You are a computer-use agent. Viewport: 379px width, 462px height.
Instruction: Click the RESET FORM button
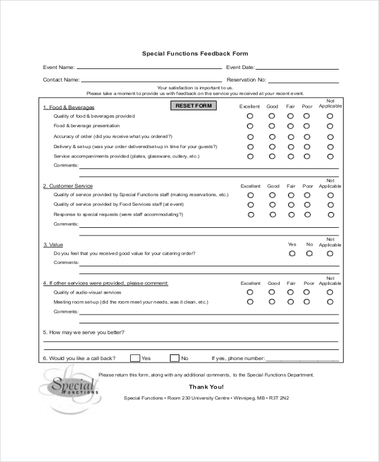point(193,106)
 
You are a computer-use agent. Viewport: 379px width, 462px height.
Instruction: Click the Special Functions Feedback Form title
point(195,54)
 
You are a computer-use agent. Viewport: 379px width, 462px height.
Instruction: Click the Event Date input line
point(296,67)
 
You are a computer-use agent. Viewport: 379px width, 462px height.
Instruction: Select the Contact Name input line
point(149,80)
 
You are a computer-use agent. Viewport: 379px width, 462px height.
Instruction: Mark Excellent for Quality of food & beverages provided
point(250,116)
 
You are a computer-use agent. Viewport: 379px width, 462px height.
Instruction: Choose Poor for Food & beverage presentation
point(308,127)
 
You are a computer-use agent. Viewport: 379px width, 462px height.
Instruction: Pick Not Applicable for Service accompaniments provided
point(330,156)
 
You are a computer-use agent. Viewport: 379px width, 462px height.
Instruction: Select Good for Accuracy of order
point(272,136)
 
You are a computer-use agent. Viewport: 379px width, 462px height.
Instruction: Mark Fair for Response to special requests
point(291,215)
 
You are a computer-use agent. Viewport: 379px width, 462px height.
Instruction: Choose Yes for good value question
point(292,253)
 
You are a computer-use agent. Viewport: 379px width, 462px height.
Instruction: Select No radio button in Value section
point(309,253)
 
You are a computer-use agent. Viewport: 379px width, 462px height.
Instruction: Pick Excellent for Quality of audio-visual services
point(250,292)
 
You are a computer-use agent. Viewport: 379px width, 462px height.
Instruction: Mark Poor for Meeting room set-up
point(308,302)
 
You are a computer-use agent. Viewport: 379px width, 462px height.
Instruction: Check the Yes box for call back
point(135,358)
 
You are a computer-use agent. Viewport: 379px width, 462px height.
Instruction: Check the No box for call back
point(174,358)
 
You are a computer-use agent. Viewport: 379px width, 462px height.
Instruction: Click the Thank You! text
point(206,387)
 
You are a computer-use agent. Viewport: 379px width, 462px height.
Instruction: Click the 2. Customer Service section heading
point(68,186)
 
